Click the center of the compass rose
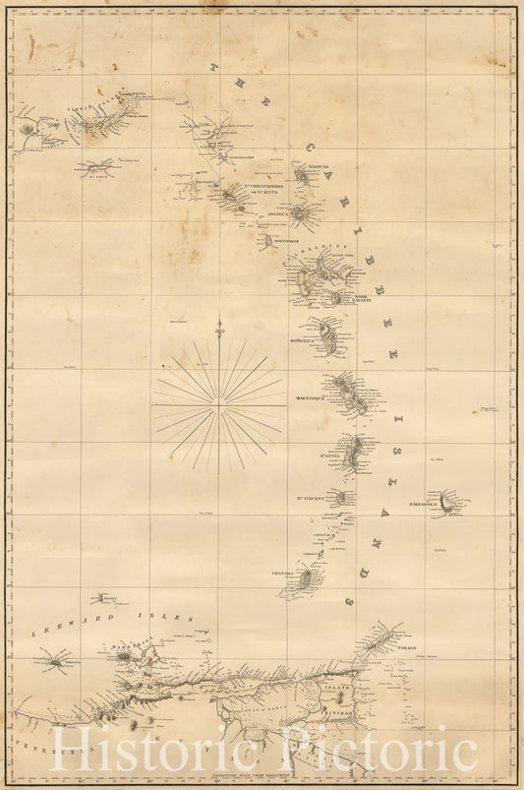[218, 404]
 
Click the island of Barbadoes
[449, 505]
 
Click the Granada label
[283, 572]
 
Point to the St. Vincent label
[314, 498]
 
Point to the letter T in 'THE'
[211, 67]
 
